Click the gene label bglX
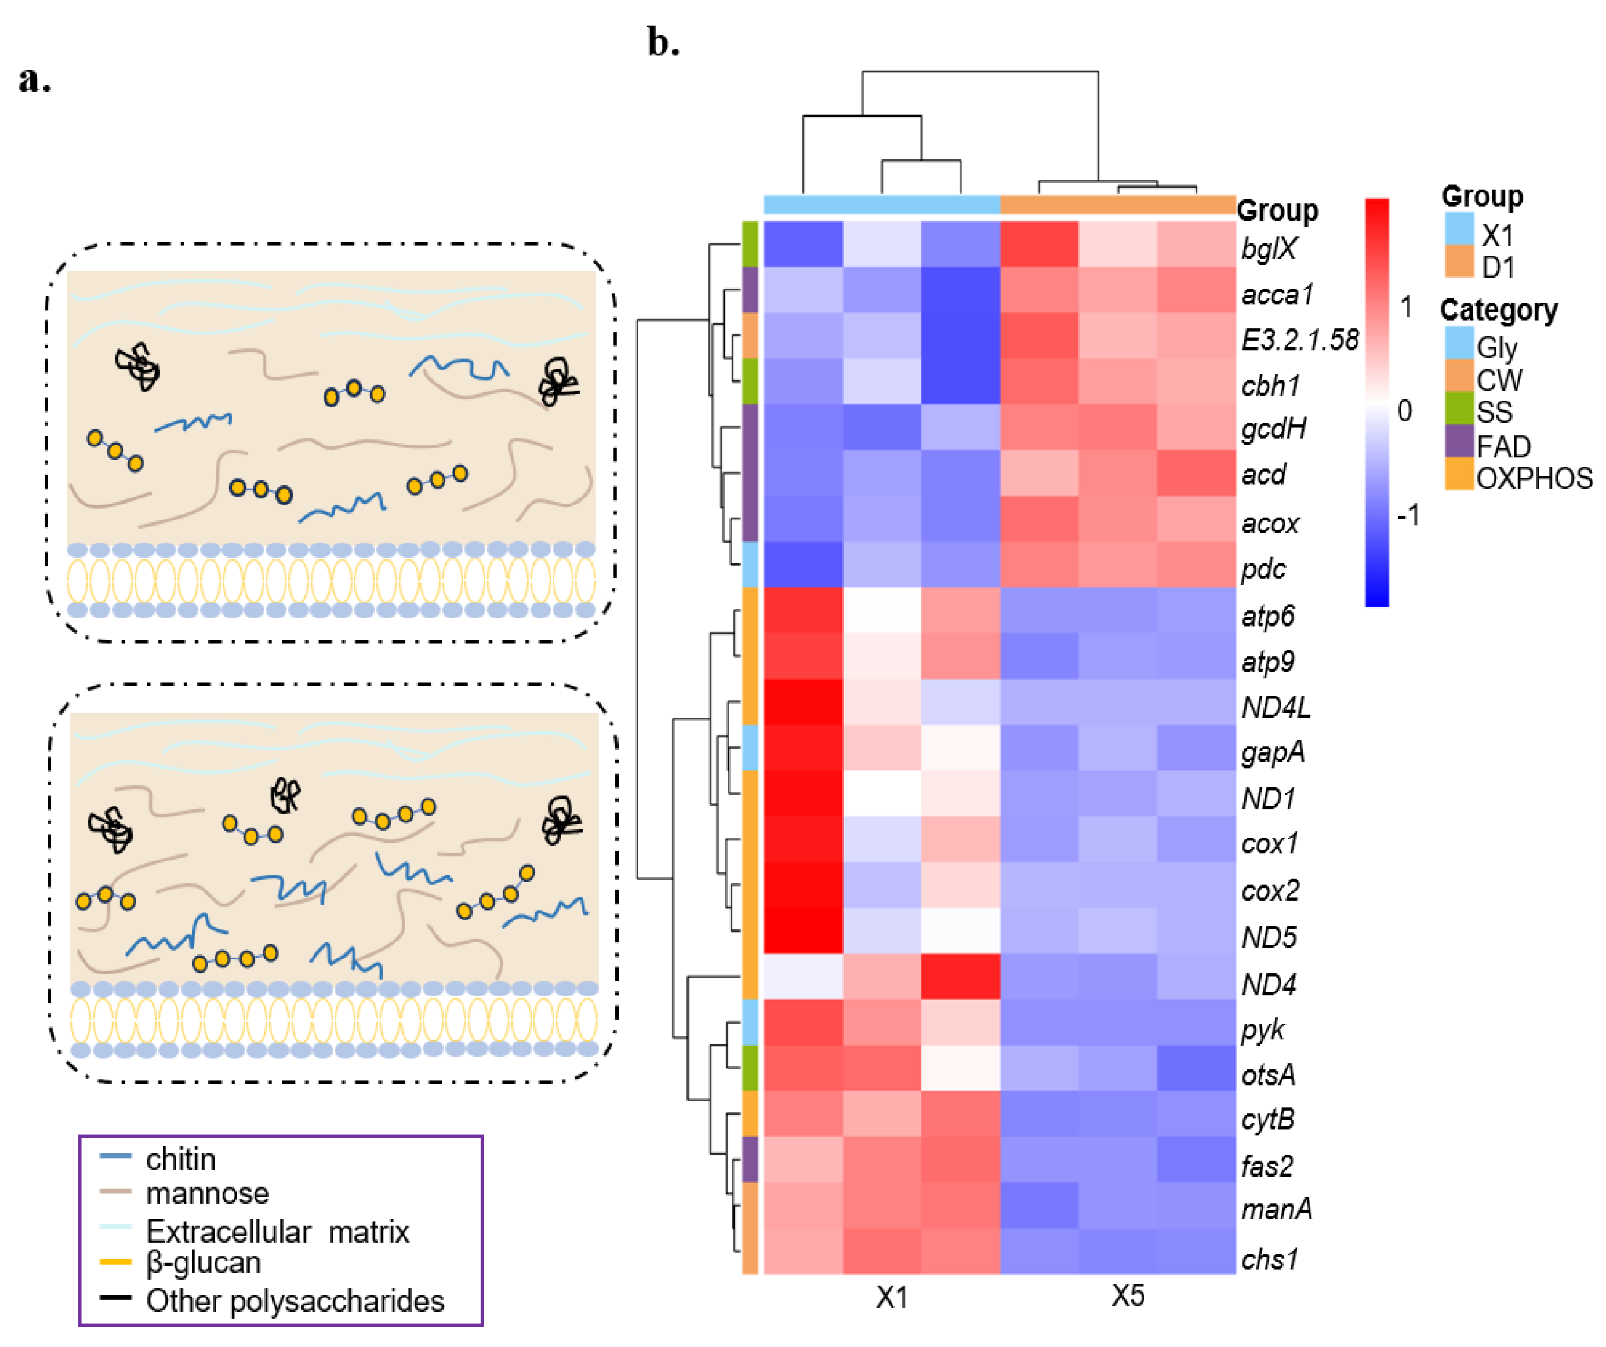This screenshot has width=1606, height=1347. pos(1269,249)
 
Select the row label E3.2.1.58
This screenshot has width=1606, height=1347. pos(1299,340)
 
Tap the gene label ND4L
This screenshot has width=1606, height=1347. pos(1276,707)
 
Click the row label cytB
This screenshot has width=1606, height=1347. pos(1268,1119)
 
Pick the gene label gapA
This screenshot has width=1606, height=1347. pos(1273,752)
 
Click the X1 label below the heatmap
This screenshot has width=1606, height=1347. pos(892,1297)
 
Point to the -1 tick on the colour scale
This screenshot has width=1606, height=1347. pos(1408,515)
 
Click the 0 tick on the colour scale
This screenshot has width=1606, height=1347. pos(1404,412)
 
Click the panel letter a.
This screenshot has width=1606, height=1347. pos(34,79)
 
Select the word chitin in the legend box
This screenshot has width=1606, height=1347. pos(180,1160)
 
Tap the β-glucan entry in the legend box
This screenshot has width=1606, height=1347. pos(204,1262)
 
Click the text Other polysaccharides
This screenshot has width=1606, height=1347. pos(295,1301)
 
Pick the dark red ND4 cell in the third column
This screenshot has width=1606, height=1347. pos(961,976)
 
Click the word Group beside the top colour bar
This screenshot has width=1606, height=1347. pos(1277,210)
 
